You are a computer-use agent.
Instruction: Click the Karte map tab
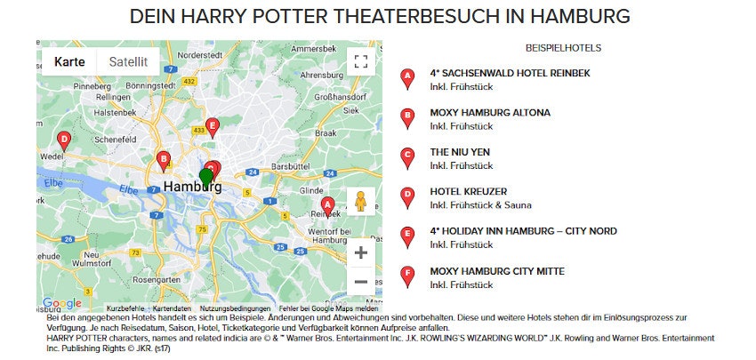tap(69, 62)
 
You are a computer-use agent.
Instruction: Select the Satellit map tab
tap(128, 62)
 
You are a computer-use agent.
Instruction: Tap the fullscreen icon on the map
tap(360, 61)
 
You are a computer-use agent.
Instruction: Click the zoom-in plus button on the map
tap(360, 252)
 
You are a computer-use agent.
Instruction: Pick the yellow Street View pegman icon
tap(360, 202)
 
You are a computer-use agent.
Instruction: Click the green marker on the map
tap(206, 179)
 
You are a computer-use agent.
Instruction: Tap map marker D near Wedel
tap(63, 140)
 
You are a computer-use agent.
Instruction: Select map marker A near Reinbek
tap(326, 206)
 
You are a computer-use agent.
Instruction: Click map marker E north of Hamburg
tap(212, 126)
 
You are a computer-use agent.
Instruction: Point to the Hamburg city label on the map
tap(191, 188)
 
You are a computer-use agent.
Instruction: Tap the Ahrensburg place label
tap(322, 75)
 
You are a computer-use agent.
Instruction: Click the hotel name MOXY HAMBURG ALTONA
tap(490, 113)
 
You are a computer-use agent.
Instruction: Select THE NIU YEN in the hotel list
tap(460, 152)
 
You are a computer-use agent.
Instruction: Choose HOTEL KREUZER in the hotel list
tap(468, 191)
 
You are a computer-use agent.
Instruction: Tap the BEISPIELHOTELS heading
tap(564, 47)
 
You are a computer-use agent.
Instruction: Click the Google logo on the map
tap(61, 304)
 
